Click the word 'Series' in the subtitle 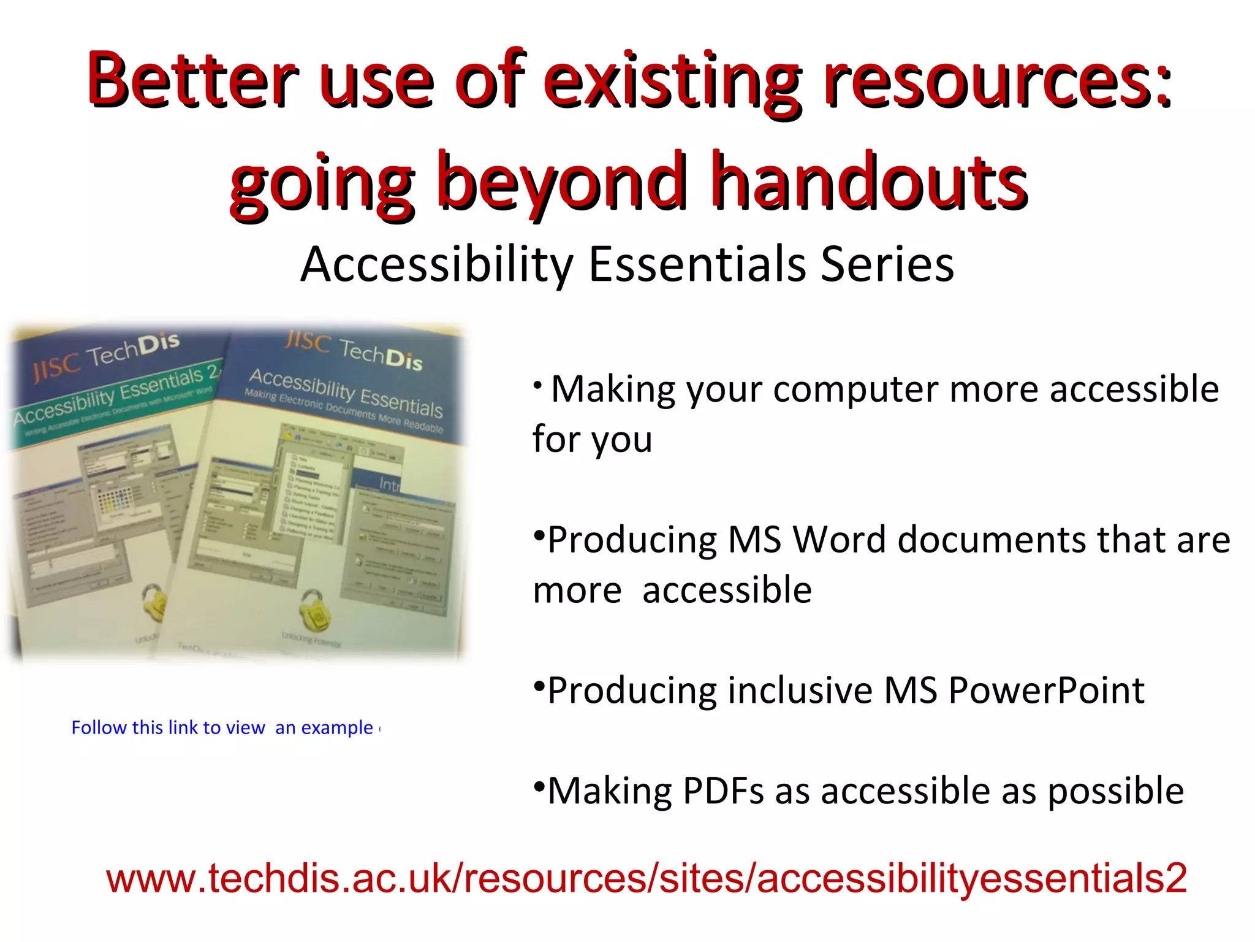[x=887, y=264]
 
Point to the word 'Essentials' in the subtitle [x=697, y=264]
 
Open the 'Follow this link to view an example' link [x=224, y=728]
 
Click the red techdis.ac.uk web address [x=646, y=878]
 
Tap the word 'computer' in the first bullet [x=855, y=389]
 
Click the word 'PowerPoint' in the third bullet [x=1046, y=691]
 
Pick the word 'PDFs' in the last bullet [x=722, y=791]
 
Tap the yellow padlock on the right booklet [x=313, y=610]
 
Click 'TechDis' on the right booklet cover [x=381, y=354]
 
